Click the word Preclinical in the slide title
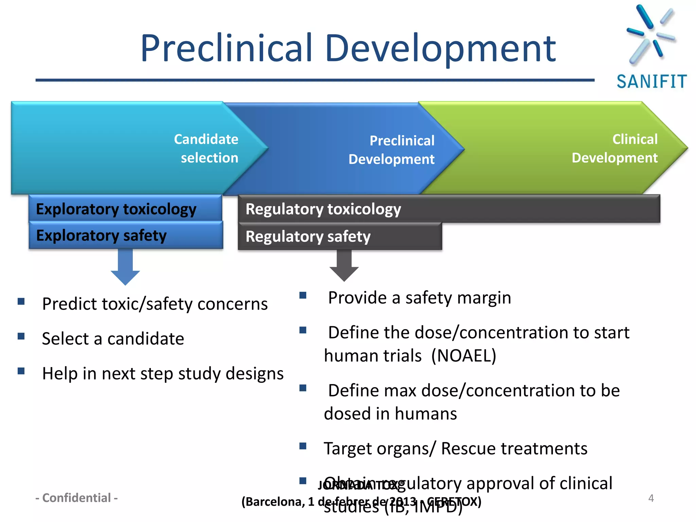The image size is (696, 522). coord(226,48)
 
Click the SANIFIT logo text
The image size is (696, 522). coord(651,82)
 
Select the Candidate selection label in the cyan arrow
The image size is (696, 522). coord(206,149)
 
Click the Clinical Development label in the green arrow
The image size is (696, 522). coord(615,149)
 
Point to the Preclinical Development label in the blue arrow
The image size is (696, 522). coord(391,150)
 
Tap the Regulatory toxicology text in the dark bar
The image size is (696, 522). coord(323,209)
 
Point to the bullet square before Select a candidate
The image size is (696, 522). coord(21,336)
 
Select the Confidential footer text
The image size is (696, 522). coord(76,498)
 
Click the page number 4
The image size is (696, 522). coord(651,498)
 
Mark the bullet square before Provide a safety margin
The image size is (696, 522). coord(303,295)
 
